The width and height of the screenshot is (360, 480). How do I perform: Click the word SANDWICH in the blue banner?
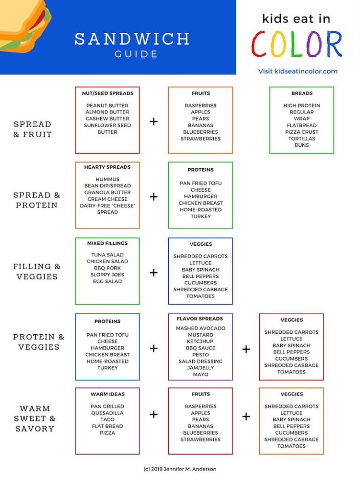[x=132, y=39]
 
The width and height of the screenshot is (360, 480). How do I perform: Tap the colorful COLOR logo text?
[x=297, y=44]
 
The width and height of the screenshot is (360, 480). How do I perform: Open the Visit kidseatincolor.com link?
[x=298, y=71]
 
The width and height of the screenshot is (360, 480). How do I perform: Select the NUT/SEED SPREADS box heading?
[x=107, y=93]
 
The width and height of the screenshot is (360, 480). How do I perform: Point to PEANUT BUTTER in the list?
[x=107, y=105]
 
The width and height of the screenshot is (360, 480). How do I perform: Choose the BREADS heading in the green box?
[x=301, y=93]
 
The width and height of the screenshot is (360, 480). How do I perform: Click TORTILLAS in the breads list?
[x=301, y=138]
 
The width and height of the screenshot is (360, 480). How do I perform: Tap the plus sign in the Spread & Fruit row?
[x=154, y=121]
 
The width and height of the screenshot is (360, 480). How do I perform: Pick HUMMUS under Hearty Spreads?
[x=107, y=179]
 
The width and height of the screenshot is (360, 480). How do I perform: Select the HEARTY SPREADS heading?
[x=107, y=167]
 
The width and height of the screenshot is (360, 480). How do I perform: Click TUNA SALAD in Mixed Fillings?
[x=107, y=255]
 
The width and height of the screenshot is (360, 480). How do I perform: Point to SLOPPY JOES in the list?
[x=107, y=274]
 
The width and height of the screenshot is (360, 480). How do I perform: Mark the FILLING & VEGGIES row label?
[x=37, y=272]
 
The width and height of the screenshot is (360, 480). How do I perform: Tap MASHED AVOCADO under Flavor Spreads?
[x=201, y=328]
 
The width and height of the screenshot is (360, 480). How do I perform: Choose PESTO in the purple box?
[x=201, y=354]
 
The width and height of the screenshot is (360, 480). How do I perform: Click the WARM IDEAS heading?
[x=107, y=394]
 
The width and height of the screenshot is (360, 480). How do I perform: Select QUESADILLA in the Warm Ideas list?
[x=107, y=412]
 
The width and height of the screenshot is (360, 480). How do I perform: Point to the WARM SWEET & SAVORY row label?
[x=34, y=418]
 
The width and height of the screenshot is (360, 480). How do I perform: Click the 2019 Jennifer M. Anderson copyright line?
[x=180, y=469]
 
